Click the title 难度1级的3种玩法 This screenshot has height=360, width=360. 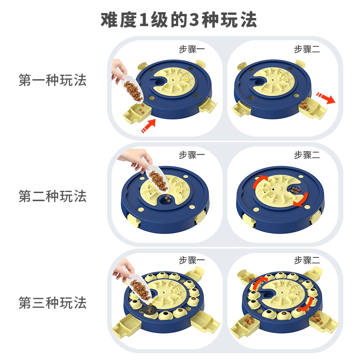(179, 20)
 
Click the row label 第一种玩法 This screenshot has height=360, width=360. (53, 80)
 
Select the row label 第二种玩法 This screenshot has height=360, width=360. (53, 196)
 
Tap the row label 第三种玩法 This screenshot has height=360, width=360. (53, 302)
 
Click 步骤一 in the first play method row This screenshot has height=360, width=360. (192, 49)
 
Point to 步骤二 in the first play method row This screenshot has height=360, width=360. (307, 49)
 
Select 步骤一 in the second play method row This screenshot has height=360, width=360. (192, 155)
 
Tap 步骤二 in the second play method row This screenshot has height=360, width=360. (307, 155)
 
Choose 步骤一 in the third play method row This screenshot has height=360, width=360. (192, 260)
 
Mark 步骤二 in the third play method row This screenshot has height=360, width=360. (307, 260)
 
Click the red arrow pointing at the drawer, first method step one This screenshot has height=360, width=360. (148, 126)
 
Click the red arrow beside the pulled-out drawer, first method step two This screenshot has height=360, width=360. (326, 98)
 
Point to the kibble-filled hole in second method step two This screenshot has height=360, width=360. (295, 190)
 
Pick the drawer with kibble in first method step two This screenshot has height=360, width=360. (312, 108)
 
